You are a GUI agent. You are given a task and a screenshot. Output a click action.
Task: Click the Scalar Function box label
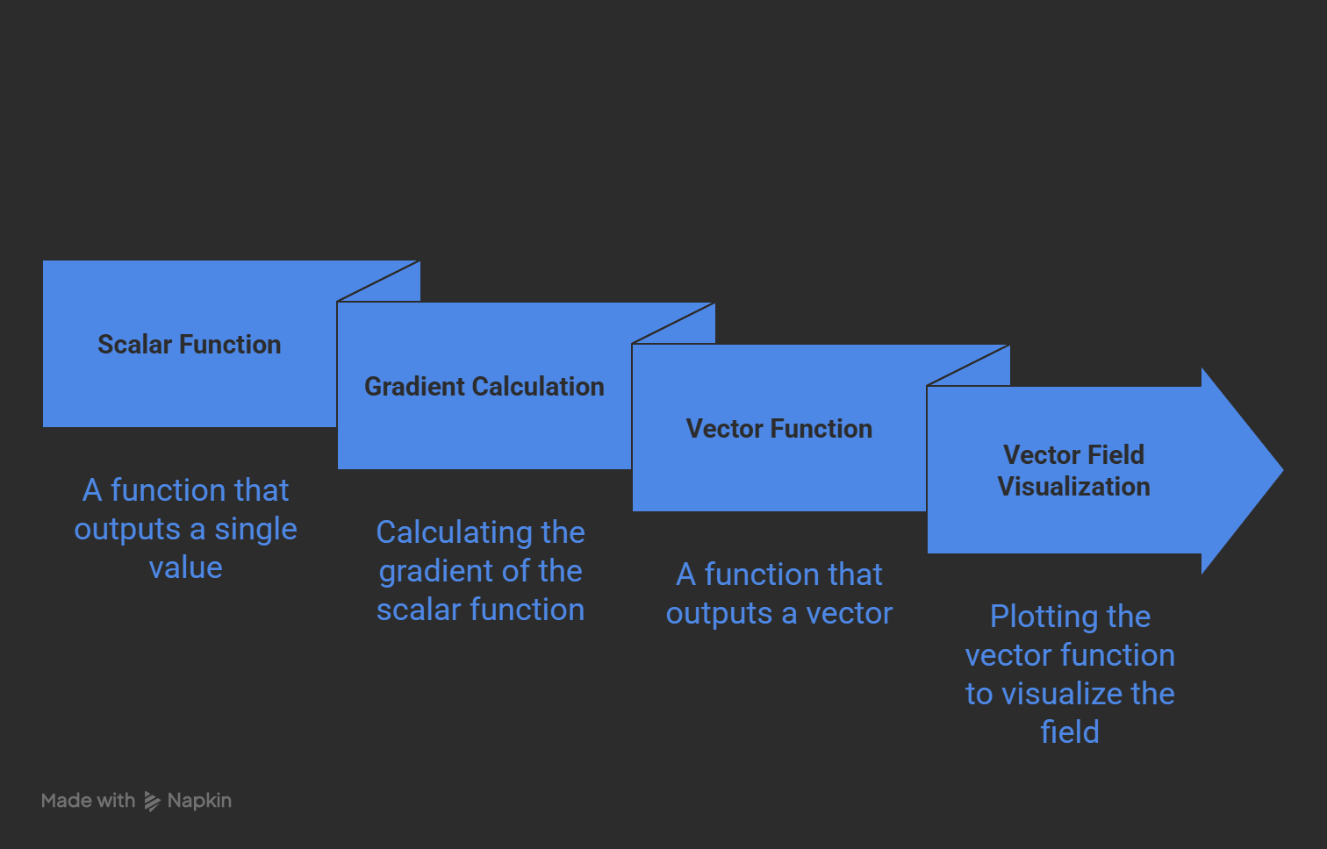click(x=189, y=345)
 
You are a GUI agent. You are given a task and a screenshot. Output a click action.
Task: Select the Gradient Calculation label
click(x=484, y=387)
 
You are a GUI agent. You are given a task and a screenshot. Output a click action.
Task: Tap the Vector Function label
click(x=778, y=429)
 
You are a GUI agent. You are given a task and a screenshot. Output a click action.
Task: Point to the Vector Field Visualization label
click(x=1073, y=471)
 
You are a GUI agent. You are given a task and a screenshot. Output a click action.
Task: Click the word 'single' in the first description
click(x=255, y=530)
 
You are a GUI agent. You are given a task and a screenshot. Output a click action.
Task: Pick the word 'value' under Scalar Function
click(x=185, y=568)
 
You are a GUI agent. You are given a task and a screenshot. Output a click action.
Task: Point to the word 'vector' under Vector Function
click(x=849, y=613)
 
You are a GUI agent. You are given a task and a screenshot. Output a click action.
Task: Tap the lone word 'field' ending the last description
click(x=1070, y=732)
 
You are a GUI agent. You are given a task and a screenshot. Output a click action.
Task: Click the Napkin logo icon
click(x=152, y=801)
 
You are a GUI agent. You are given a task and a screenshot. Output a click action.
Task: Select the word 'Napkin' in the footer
click(x=199, y=801)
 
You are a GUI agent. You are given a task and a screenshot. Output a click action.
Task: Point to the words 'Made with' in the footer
click(x=88, y=801)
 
